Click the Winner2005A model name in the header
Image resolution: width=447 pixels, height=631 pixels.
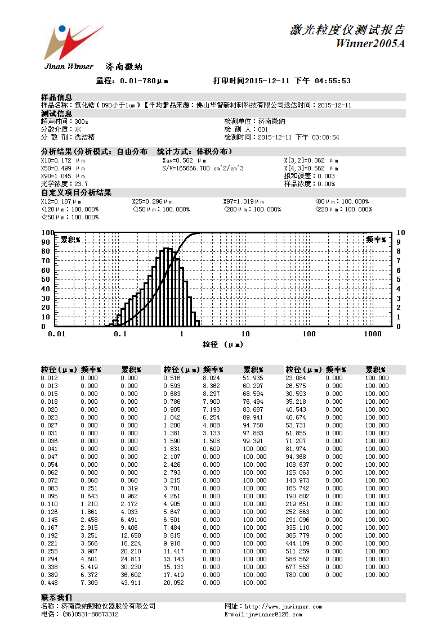point(370,44)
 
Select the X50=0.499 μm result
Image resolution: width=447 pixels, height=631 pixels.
point(62,168)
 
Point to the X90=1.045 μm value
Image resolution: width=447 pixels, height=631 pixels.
point(62,176)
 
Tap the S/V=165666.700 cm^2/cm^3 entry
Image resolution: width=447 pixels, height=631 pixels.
point(203,168)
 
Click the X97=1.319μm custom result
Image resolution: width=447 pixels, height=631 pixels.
point(243,201)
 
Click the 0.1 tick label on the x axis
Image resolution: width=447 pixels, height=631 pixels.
point(119,334)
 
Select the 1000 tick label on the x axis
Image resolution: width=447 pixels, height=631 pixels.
point(373,334)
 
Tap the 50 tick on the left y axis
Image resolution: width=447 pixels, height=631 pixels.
point(48,279)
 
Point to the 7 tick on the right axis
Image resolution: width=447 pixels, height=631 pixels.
point(399,260)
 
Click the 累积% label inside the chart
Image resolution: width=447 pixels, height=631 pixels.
point(70,240)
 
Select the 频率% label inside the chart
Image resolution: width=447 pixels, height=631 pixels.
point(376,240)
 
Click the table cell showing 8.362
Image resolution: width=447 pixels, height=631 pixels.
point(212,386)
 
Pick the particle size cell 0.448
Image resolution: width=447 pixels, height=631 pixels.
point(49,583)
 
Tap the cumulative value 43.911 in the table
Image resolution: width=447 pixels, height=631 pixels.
point(129,583)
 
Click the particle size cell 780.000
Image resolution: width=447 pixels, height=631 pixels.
point(297,575)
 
